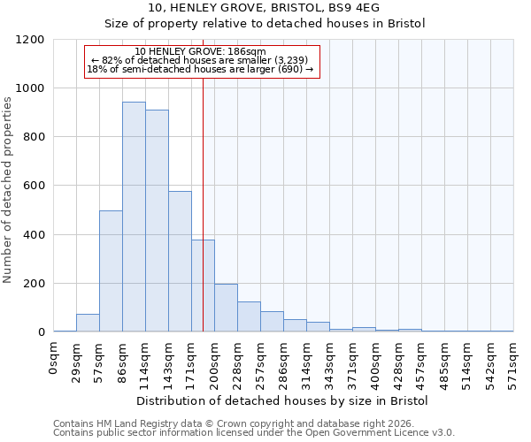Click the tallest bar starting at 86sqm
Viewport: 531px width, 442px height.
click(134, 217)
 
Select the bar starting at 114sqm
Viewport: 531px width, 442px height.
click(157, 221)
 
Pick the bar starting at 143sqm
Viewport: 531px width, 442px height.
click(180, 262)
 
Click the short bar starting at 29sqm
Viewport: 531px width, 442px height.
click(88, 323)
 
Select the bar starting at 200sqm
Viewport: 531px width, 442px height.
click(226, 308)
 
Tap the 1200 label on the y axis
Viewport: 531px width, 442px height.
click(32, 40)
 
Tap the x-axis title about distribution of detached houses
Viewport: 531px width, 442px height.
click(282, 401)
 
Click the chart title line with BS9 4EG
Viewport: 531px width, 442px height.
click(265, 8)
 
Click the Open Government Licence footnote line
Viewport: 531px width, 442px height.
click(254, 433)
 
